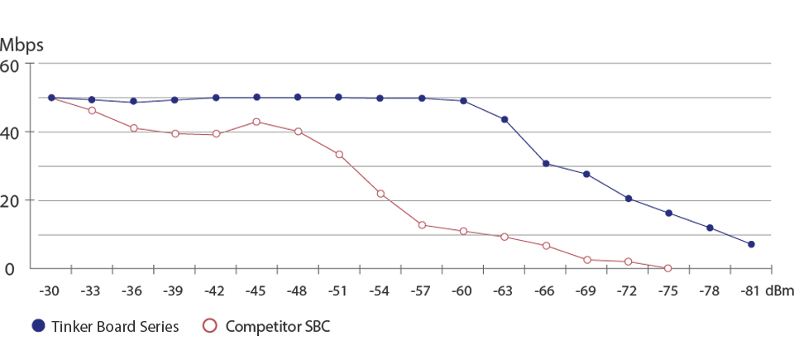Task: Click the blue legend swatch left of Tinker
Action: (40, 321)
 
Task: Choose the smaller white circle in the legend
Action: (210, 325)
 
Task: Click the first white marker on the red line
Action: (92, 110)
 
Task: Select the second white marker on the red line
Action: (133, 127)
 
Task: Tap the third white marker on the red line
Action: (175, 133)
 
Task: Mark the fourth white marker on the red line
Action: (216, 133)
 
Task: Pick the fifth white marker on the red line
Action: (256, 122)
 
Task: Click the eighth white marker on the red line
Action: (380, 194)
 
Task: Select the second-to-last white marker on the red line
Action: (628, 262)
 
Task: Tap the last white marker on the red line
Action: (667, 267)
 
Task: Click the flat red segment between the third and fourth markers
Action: (195, 142)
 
